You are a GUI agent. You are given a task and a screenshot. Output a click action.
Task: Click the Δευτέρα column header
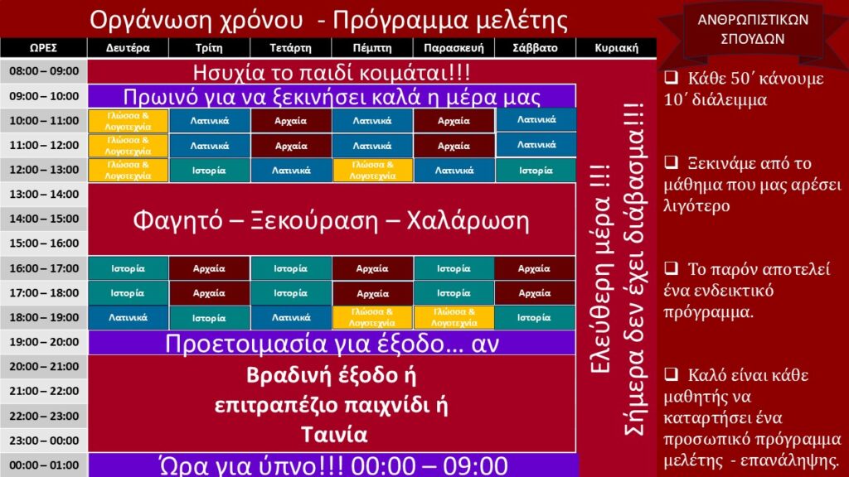pos(128,47)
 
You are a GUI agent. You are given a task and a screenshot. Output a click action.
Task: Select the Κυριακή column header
pos(616,47)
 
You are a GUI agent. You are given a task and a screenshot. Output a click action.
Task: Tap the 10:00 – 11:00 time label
pos(44,121)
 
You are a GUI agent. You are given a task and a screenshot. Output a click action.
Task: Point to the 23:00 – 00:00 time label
pos(44,441)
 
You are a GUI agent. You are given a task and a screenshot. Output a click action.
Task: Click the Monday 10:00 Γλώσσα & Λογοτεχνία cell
pos(128,121)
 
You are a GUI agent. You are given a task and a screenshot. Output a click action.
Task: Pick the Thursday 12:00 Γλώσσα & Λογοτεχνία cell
pos(372,170)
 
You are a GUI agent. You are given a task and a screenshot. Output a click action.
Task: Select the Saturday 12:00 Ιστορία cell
pos(536,170)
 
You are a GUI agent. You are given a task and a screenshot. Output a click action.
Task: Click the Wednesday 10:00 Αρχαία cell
pos(291,121)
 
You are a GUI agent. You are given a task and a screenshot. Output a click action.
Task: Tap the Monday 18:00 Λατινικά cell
pos(128,317)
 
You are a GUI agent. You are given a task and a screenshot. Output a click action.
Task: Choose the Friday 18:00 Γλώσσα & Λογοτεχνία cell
pos(454,317)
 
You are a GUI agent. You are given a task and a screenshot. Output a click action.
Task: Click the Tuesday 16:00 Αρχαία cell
pos(209,268)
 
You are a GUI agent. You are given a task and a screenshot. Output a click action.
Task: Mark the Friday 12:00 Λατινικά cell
pos(454,170)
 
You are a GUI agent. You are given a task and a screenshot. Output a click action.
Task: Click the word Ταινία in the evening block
pos(334,434)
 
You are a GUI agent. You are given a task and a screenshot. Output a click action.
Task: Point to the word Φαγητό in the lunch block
pos(177,220)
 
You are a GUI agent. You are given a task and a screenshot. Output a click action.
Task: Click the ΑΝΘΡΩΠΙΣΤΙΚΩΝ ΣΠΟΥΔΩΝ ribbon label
pos(753,29)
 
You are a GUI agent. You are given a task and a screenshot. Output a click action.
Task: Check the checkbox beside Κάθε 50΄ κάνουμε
pos(671,77)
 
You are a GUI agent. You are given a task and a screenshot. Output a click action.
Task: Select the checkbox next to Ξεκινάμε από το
pos(671,161)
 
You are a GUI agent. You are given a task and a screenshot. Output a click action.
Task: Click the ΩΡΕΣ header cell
pos(43,47)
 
